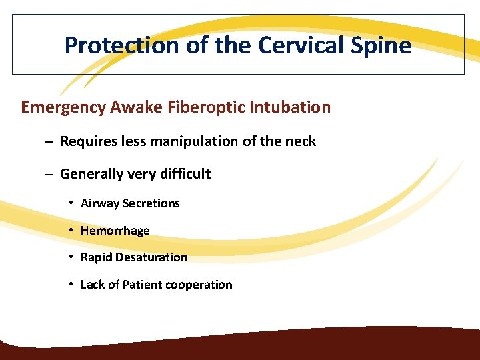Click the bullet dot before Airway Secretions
tap(71, 203)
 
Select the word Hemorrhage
tap(115, 231)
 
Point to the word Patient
tap(142, 285)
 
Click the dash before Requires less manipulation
tap(49, 141)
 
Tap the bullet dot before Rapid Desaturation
tap(71, 257)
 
